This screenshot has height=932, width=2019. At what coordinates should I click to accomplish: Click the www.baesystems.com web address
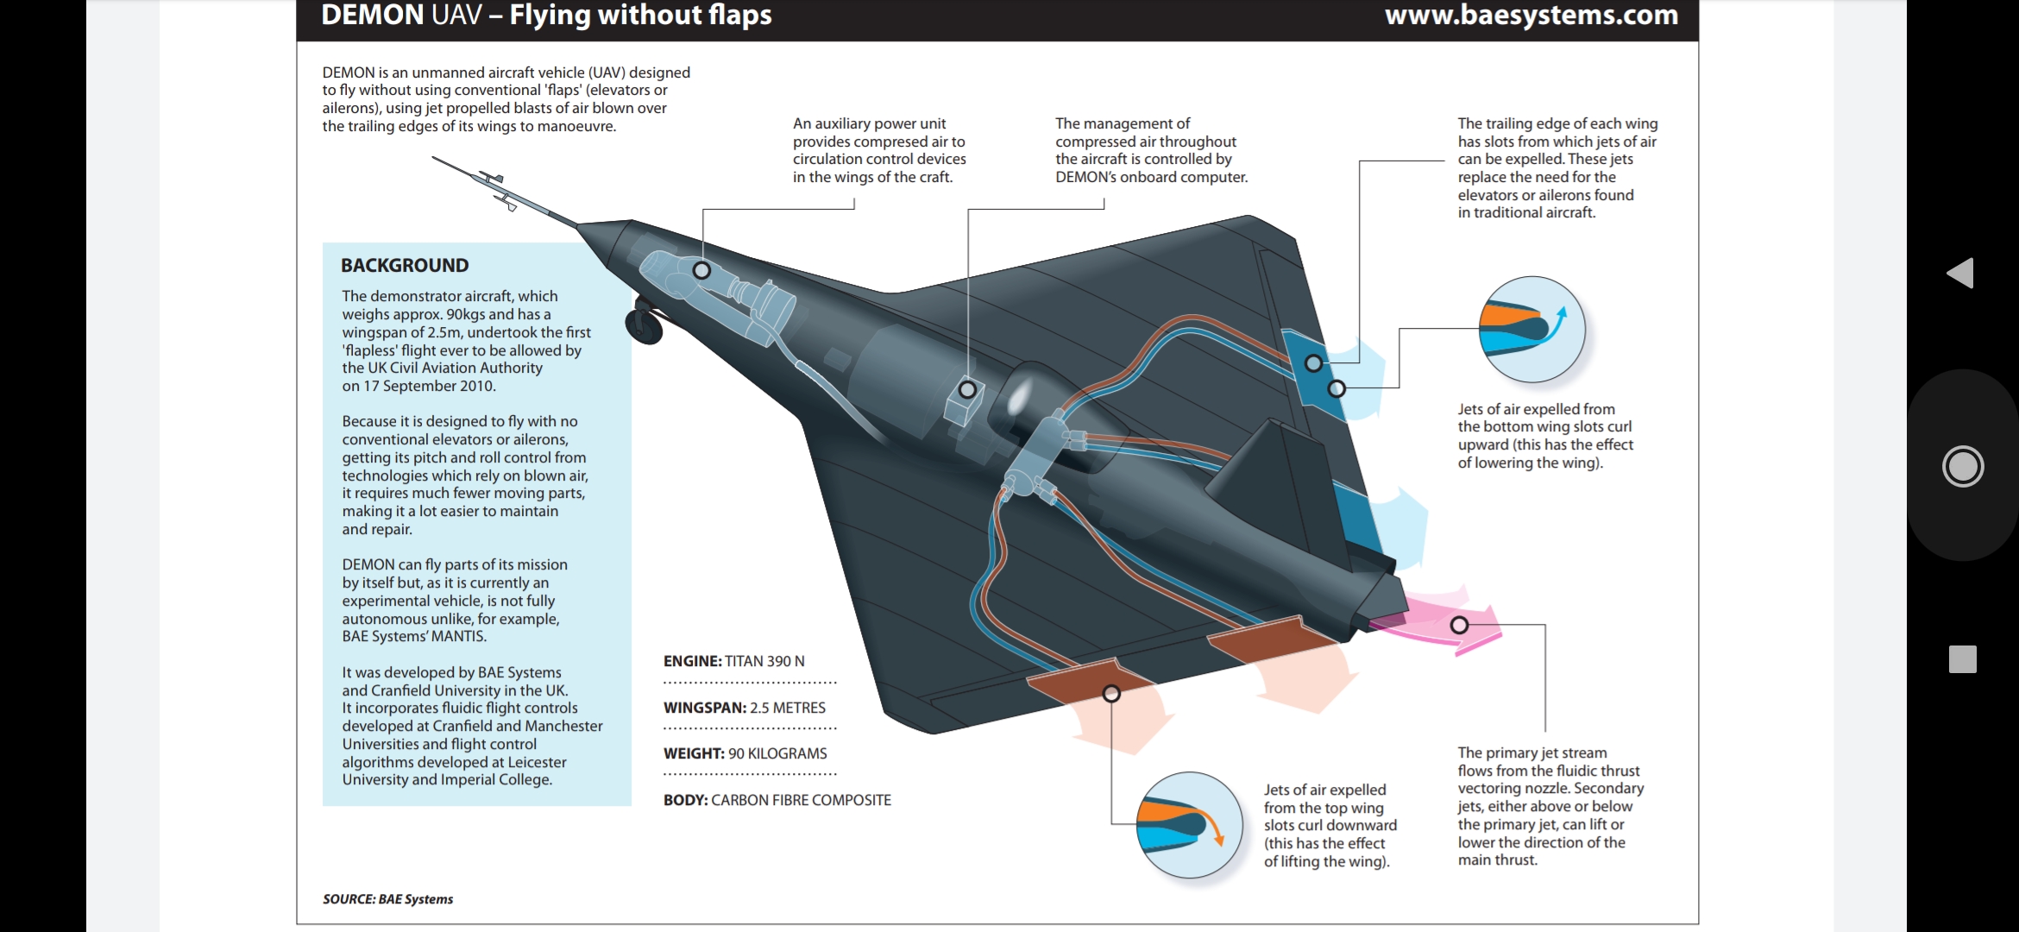click(x=1531, y=16)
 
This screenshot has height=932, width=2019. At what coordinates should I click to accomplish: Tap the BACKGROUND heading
click(x=405, y=266)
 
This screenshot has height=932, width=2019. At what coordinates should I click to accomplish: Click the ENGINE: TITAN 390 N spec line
click(x=733, y=661)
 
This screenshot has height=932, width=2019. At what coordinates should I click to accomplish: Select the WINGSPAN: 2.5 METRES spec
click(x=744, y=708)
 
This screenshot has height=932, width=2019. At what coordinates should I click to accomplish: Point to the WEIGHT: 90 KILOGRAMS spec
click(x=745, y=753)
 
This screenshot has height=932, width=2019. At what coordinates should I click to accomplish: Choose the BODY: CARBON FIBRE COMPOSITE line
click(x=777, y=800)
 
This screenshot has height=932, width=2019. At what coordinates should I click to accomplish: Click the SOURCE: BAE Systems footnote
click(x=387, y=899)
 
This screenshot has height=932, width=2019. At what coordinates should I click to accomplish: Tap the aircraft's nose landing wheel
click(x=644, y=326)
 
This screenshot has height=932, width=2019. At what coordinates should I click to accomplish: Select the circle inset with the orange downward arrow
click(x=1189, y=825)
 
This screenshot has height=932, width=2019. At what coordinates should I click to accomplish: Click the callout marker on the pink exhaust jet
click(x=1459, y=625)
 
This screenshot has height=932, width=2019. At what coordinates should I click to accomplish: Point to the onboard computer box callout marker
click(x=967, y=390)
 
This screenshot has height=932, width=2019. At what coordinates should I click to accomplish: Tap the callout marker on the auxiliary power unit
click(x=702, y=270)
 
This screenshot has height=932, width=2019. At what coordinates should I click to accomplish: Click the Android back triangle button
click(x=1961, y=273)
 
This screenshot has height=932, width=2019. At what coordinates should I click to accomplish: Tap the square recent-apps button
click(x=1962, y=659)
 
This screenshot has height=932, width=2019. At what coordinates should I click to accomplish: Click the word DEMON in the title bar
click(x=362, y=16)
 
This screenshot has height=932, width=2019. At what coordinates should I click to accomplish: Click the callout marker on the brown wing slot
click(x=1111, y=693)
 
